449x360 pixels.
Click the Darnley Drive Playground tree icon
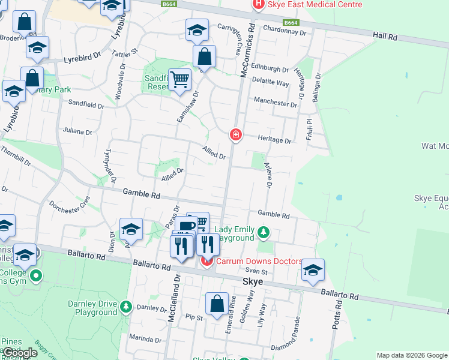point(125,307)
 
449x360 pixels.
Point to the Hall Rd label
point(385,37)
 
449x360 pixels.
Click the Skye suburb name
point(253,281)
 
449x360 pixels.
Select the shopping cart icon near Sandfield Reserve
point(179,79)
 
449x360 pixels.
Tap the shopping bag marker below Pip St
point(217,304)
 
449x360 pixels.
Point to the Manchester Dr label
point(275,103)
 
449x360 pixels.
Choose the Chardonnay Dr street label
point(285,29)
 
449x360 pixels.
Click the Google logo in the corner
point(19,353)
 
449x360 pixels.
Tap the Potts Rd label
point(339,313)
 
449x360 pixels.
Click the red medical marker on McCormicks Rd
point(236,135)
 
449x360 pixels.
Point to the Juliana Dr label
point(77,132)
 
